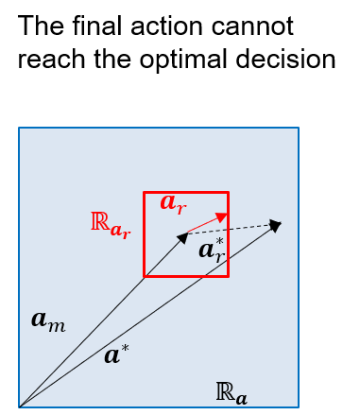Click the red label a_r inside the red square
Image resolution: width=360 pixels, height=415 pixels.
point(172,202)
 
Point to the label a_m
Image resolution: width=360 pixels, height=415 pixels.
point(48,320)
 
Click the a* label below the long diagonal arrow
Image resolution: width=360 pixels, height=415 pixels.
point(116,355)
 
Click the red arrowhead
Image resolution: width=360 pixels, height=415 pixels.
point(222,217)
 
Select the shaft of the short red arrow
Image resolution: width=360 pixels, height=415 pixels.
point(203,225)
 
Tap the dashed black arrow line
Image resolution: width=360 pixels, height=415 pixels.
point(231,229)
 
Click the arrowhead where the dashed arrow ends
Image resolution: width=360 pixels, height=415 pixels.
point(276,225)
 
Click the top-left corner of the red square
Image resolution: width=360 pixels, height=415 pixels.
point(145,193)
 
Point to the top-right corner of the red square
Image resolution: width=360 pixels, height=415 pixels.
point(228,193)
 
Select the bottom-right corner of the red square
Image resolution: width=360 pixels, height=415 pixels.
point(228,276)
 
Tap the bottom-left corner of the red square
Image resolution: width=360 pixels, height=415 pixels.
point(145,276)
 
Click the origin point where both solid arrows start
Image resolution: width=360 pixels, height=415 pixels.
point(20,406)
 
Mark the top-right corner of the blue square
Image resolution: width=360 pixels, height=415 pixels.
point(299,128)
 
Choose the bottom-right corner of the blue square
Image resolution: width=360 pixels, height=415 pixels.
point(299,407)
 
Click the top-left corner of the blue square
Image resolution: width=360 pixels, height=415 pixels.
point(19,128)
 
